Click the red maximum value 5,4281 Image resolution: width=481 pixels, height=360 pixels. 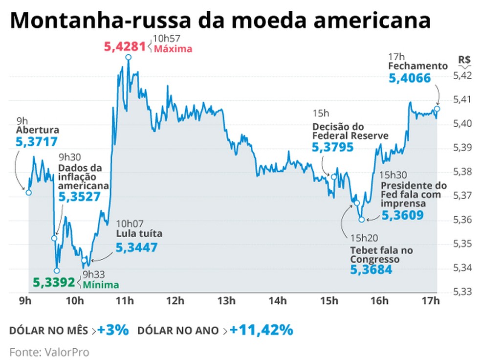click(x=125, y=47)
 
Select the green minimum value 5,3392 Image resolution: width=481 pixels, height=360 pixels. click(x=54, y=282)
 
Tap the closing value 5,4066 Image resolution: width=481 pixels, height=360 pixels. click(x=410, y=78)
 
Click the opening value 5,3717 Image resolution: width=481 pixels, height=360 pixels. click(x=37, y=142)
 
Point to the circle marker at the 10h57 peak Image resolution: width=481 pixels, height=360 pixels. click(x=128, y=57)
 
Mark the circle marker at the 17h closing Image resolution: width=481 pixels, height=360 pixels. click(x=437, y=108)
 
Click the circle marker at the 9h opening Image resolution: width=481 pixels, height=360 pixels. click(x=28, y=192)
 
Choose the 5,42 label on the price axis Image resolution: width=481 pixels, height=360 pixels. click(x=462, y=75)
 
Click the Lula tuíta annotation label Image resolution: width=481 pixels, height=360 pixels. click(x=139, y=233)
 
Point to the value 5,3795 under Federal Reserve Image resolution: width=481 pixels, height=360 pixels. click(x=332, y=147)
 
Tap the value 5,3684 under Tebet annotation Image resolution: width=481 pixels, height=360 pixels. click(x=371, y=269)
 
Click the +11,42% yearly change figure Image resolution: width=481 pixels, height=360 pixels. click(x=261, y=330)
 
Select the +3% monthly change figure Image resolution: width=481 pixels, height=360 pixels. click(x=113, y=330)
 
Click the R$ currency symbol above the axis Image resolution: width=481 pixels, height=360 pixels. click(x=464, y=60)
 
